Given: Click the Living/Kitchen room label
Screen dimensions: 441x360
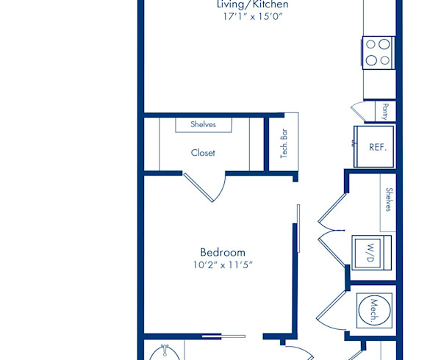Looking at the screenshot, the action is (253, 4).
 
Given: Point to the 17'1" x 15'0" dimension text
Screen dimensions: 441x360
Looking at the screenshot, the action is (253, 17).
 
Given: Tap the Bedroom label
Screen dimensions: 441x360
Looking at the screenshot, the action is (223, 252).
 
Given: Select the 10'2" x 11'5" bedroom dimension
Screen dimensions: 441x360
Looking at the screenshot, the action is (223, 264).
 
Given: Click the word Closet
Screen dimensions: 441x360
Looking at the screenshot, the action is (203, 153).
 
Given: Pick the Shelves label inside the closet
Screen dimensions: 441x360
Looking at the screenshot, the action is (203, 124).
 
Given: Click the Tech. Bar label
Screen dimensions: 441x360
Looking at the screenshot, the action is (284, 143).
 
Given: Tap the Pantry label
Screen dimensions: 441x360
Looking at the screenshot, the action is (385, 112).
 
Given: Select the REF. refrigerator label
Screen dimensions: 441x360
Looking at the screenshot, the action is (378, 147).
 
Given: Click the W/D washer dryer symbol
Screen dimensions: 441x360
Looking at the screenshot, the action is (371, 253).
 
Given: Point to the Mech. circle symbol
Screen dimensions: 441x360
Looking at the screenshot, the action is (374, 311).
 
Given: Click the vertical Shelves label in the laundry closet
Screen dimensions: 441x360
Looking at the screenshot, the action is (389, 200).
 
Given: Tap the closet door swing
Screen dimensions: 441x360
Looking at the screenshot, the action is (204, 187).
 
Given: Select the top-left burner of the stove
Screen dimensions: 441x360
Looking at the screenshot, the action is (370, 44).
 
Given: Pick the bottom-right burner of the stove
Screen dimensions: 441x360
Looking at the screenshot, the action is (384, 60).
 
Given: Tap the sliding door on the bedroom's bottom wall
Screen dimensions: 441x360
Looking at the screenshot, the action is (224, 336).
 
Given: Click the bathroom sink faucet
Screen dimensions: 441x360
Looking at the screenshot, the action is (164, 350).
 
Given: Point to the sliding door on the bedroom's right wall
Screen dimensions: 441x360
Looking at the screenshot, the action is (298, 228).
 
